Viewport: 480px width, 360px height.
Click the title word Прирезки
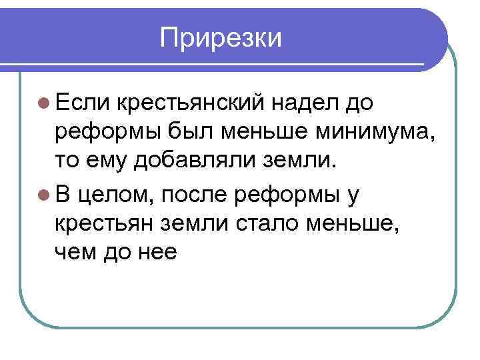coord(221,38)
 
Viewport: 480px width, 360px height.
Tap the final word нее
coord(159,251)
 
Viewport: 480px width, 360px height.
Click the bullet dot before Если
coord(43,103)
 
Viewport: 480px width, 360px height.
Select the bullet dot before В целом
coord(43,193)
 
